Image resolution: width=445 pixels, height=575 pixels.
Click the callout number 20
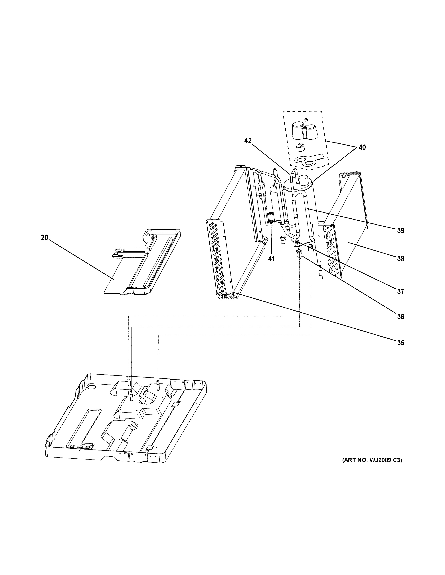pos(44,237)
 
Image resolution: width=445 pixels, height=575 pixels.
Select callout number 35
pos(400,343)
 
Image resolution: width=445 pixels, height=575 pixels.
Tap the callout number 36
pos(400,317)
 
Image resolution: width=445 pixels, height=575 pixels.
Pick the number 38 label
pos(400,259)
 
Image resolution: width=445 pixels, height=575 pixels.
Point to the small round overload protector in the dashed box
pos(300,147)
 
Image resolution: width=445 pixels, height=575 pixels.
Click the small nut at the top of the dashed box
pos(306,120)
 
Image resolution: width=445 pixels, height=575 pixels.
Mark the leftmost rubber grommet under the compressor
pos(283,240)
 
